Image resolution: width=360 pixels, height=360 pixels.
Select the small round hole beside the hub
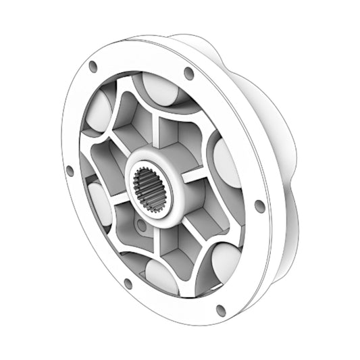138,223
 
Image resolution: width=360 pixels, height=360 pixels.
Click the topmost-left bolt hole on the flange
93,66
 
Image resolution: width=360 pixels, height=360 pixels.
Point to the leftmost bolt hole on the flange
70,171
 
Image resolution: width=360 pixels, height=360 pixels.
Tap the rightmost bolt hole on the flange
259,206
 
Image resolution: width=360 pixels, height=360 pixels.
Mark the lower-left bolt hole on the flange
128,283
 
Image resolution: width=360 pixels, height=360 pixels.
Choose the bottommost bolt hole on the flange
220,310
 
